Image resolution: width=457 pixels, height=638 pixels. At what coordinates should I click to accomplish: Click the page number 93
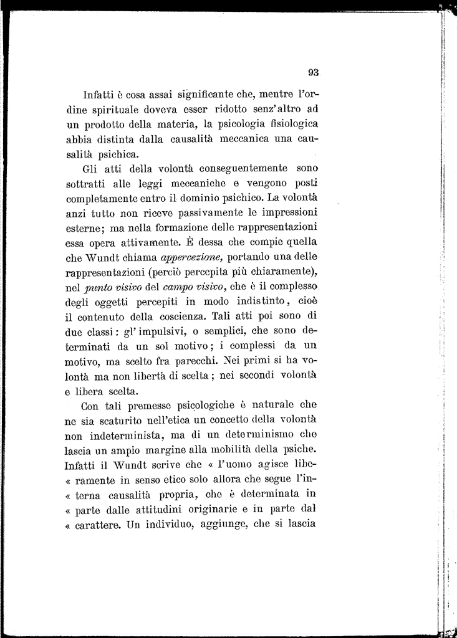(x=313, y=72)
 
